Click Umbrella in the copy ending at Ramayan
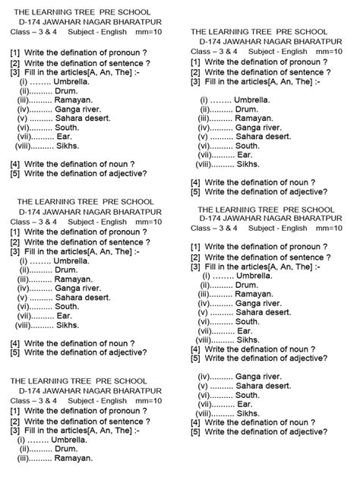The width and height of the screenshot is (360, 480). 73,440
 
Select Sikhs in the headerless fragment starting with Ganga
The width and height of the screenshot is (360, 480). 249,414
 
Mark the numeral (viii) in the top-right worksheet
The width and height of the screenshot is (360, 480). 207,163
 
